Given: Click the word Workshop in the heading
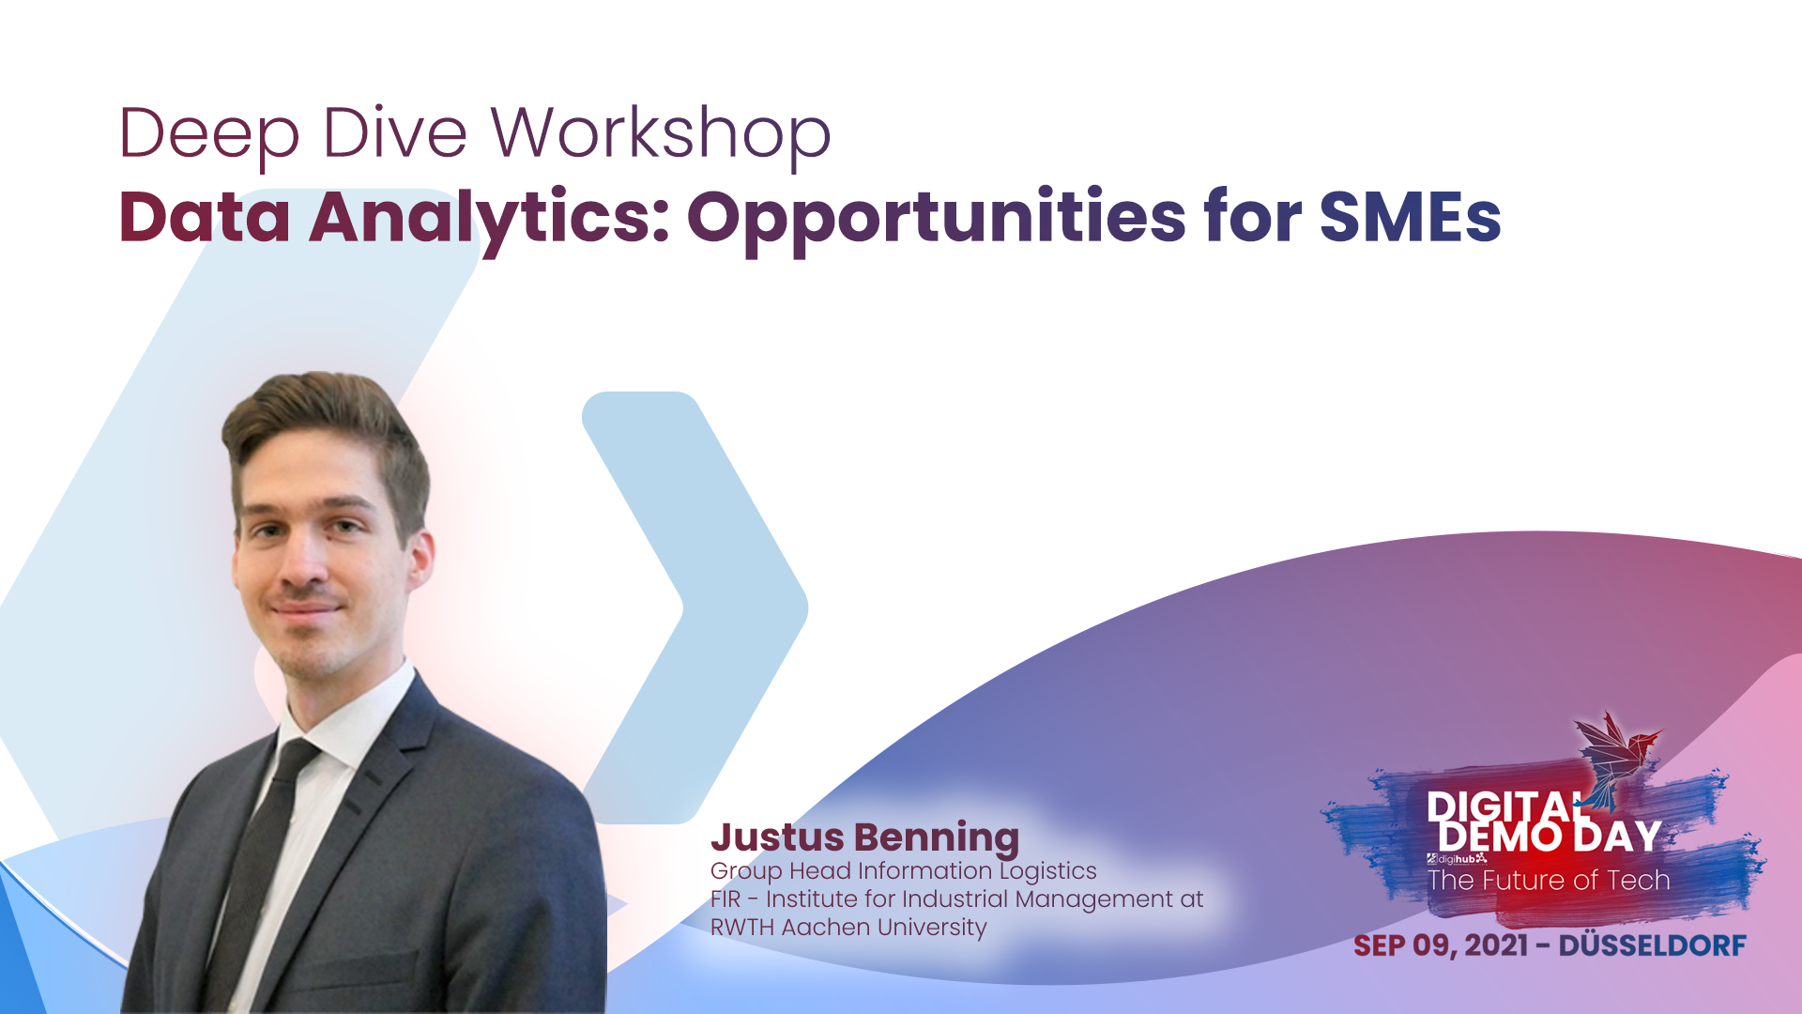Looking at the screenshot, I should pyautogui.click(x=661, y=133).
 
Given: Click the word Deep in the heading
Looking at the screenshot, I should pyautogui.click(x=208, y=133).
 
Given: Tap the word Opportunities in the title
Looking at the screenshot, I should pyautogui.click(x=937, y=218).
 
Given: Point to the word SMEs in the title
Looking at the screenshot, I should pyautogui.click(x=1410, y=218).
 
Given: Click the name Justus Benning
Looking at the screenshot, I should pyautogui.click(x=864, y=837).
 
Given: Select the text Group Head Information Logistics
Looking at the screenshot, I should pyautogui.click(x=903, y=870).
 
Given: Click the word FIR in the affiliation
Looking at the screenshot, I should pyautogui.click(x=725, y=899).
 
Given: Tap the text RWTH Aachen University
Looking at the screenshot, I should pyautogui.click(x=848, y=927).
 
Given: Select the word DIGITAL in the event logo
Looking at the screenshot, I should pyautogui.click(x=1502, y=807).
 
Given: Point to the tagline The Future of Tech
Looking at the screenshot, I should pyautogui.click(x=1549, y=880).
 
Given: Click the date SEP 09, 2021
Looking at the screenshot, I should pyautogui.click(x=1441, y=945).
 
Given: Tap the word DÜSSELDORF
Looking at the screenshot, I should pyautogui.click(x=1652, y=945).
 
